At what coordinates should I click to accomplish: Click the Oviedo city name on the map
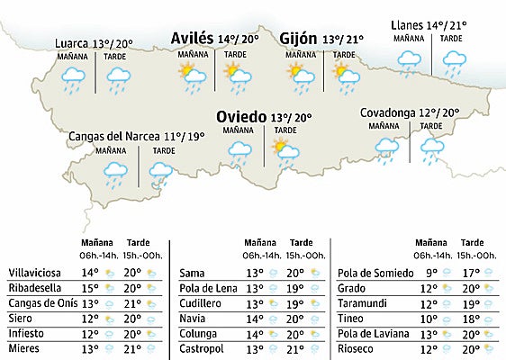(241, 117)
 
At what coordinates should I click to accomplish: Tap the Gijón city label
(298, 39)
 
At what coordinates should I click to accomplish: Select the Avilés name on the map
(193, 39)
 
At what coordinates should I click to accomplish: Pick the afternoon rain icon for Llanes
(452, 62)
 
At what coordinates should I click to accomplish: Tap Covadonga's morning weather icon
(387, 149)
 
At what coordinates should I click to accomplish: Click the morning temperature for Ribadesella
(90, 287)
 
